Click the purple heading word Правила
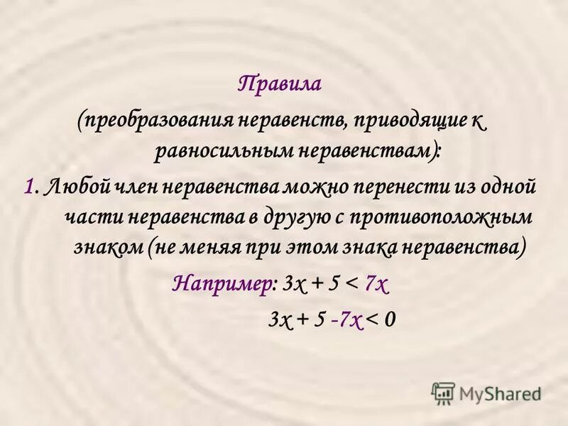coord(280,84)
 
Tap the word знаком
coord(108,249)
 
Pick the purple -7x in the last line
coord(346,319)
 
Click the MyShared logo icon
coord(443,392)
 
